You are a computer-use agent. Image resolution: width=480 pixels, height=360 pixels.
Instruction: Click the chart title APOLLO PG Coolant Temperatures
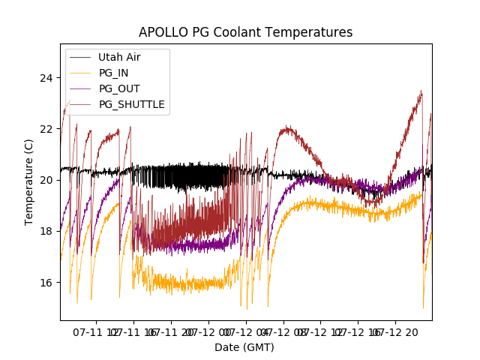[245, 33]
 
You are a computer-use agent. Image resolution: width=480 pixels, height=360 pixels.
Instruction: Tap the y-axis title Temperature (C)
[29, 181]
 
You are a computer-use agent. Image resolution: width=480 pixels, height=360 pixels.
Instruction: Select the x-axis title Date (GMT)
[244, 347]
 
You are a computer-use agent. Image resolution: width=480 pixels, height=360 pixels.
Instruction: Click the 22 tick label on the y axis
[46, 129]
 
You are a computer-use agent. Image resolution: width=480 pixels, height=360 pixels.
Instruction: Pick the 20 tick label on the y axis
[46, 180]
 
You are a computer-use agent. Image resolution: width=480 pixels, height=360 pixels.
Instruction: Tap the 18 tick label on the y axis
[46, 231]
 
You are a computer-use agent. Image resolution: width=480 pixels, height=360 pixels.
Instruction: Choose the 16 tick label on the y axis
[46, 282]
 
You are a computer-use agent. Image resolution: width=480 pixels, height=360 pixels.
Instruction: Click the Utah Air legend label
[119, 57]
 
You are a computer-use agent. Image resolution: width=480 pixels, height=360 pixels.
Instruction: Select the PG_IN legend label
[113, 73]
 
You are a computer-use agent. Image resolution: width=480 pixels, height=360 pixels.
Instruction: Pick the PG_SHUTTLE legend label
[131, 104]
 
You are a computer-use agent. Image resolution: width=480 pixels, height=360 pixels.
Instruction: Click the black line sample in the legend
[81, 57]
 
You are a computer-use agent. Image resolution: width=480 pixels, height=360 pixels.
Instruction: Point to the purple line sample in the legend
[81, 88]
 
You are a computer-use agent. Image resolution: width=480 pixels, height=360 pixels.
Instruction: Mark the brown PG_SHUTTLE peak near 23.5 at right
[421, 91]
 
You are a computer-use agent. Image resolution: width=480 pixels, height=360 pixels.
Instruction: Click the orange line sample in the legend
[81, 73]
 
